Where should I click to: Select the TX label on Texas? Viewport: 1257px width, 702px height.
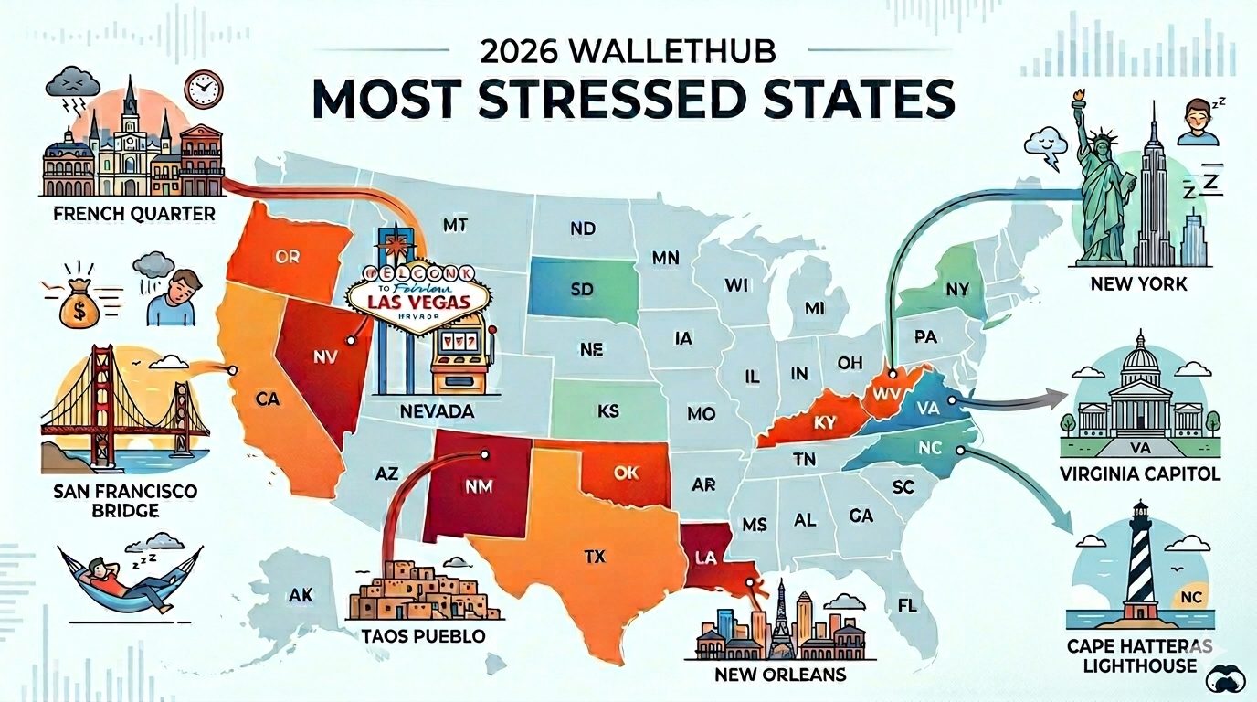coord(595,554)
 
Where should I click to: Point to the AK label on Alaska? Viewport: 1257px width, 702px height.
coord(301,596)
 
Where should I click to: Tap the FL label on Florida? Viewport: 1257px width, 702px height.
coord(906,606)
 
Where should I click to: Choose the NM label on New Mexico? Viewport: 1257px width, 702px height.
coord(478,488)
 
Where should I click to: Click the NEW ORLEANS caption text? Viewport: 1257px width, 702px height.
coord(780,675)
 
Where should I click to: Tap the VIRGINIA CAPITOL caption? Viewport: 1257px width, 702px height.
coord(1137,473)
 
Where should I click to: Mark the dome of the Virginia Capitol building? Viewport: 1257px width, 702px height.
coord(1136,351)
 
